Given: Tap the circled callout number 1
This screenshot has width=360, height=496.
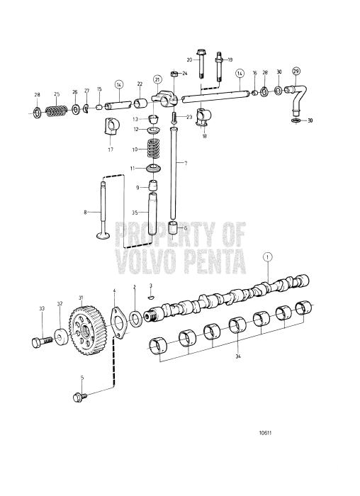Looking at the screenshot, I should click(x=266, y=258).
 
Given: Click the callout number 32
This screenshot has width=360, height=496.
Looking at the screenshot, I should click(x=60, y=304).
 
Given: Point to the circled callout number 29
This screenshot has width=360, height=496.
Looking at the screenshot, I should click(x=296, y=72).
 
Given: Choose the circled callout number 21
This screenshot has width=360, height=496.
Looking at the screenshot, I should click(x=157, y=79).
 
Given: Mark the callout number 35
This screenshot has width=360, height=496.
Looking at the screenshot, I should click(x=135, y=211).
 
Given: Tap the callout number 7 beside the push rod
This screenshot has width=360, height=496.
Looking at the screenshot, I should click(x=185, y=164).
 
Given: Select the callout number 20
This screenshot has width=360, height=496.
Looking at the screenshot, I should click(x=190, y=60).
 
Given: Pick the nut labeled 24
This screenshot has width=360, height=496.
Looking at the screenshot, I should click(x=174, y=74).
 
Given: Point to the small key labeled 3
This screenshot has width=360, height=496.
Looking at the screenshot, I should click(x=150, y=298).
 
